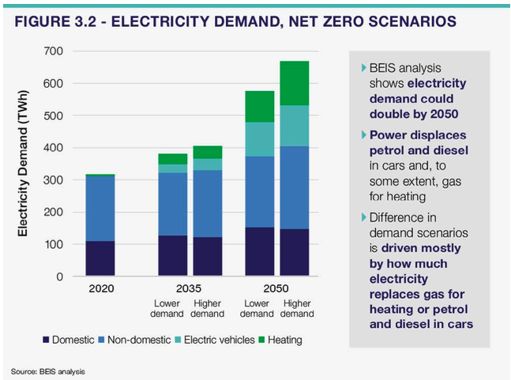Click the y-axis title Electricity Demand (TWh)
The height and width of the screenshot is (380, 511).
(24, 164)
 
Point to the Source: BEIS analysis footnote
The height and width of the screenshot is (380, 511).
(47, 371)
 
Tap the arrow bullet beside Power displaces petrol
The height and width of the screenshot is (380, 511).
(363, 135)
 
